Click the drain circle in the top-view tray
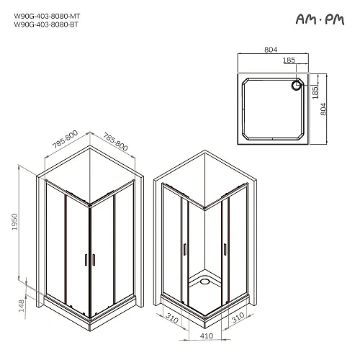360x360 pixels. point(295,85)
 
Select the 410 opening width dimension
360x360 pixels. point(204,334)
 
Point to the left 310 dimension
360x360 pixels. point(171,316)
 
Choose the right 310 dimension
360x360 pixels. point(238,316)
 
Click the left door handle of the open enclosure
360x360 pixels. point(185,248)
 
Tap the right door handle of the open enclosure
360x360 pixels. point(225,248)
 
